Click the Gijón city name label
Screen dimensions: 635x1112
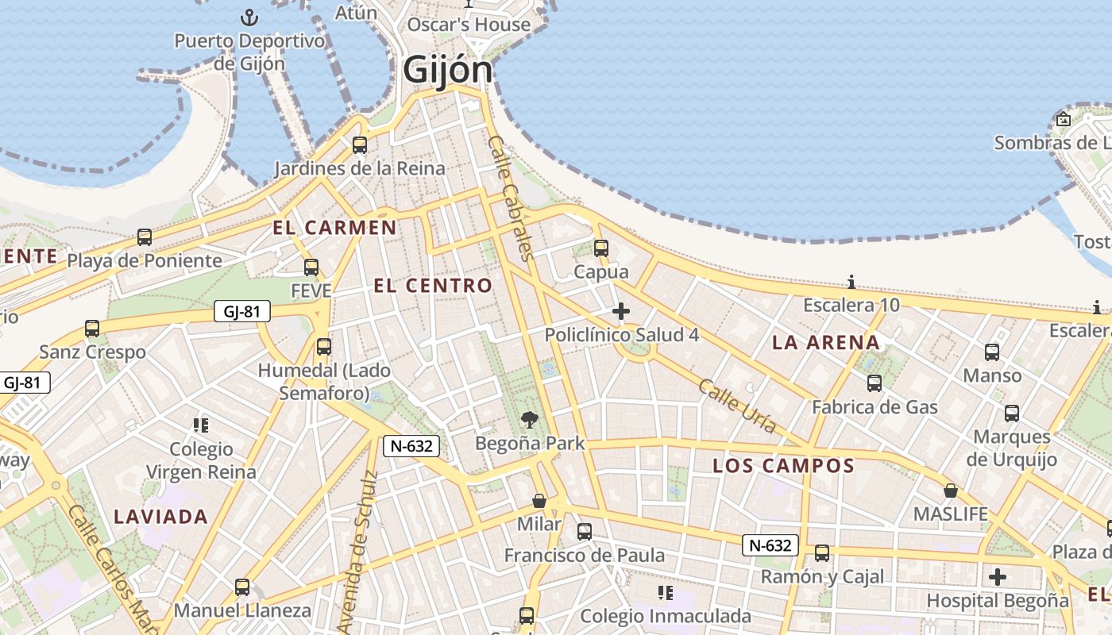click(447, 70)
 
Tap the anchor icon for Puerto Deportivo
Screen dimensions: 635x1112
click(250, 17)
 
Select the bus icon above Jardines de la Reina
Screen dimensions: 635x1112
click(360, 144)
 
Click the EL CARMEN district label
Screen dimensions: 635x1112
click(334, 228)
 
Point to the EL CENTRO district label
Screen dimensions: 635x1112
click(433, 286)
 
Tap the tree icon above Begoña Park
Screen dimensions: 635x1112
click(529, 420)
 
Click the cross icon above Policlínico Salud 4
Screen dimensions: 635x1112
click(621, 311)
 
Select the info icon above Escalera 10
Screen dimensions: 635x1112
click(851, 282)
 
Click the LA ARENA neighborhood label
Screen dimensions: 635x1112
click(826, 343)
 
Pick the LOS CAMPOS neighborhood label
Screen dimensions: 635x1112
click(783, 466)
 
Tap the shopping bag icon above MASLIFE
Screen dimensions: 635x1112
click(950, 491)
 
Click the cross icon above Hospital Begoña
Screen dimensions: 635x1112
click(998, 577)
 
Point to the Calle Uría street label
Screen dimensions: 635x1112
click(737, 406)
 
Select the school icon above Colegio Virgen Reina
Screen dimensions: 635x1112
click(201, 425)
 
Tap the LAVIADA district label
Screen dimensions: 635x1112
click(160, 517)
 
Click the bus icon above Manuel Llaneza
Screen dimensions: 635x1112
click(242, 587)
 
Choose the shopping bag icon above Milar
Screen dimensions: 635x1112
click(539, 501)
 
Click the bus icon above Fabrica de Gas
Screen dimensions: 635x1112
click(875, 383)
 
